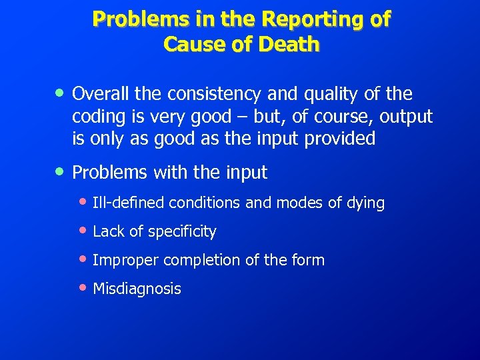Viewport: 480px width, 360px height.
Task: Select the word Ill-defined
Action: point(129,203)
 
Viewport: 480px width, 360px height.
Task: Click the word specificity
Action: point(182,232)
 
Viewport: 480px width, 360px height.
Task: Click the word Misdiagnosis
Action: point(137,289)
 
